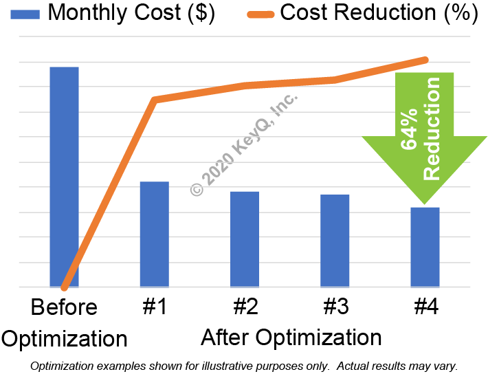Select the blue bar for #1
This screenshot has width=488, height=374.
[154, 234]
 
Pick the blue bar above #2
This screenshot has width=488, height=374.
[244, 239]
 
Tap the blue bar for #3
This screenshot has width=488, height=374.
[335, 240]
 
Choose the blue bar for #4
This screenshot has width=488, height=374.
[425, 247]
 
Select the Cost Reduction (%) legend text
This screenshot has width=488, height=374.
[379, 12]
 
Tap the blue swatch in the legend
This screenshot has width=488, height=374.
[21, 12]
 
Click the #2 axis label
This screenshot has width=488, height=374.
[244, 307]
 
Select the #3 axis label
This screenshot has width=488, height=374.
[335, 307]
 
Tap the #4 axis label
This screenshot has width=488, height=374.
[425, 307]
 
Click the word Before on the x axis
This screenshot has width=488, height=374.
[64, 307]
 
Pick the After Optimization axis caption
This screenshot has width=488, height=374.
[291, 338]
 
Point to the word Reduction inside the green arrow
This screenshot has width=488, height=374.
[432, 129]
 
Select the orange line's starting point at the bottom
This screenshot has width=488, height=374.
[64, 287]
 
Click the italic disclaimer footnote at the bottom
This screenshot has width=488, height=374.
[244, 366]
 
